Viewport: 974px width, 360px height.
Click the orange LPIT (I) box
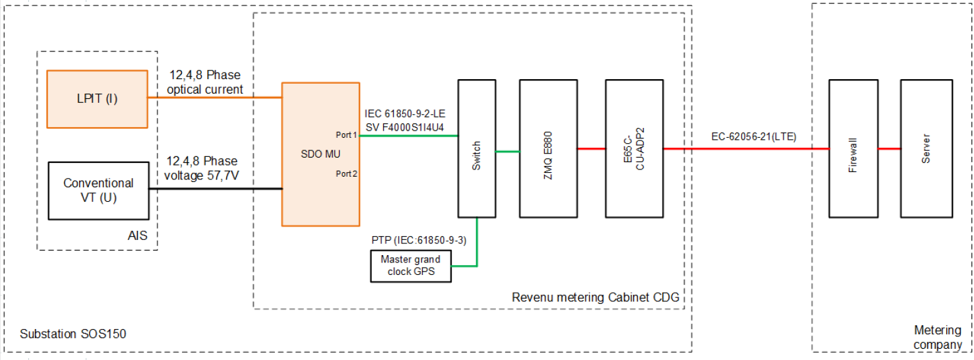click(x=98, y=99)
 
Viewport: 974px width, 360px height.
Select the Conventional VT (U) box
click(x=99, y=190)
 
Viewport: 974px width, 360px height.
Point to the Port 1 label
click(x=346, y=135)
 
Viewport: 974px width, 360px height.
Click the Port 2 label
click(x=346, y=174)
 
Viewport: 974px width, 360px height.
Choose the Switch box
click(x=477, y=148)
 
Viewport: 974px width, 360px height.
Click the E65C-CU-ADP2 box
click(x=634, y=148)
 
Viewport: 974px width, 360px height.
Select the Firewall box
click(x=853, y=148)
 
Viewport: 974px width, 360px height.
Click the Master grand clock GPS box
click(x=411, y=266)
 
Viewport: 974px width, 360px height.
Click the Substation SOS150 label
click(x=73, y=335)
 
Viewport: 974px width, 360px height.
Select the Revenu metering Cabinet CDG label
click(x=595, y=298)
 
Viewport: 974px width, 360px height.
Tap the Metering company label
click(x=938, y=337)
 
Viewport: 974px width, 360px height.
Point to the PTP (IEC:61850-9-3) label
click(x=419, y=240)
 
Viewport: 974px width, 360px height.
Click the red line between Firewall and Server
click(x=889, y=149)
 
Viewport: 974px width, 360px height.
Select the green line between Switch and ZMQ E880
click(x=508, y=152)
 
